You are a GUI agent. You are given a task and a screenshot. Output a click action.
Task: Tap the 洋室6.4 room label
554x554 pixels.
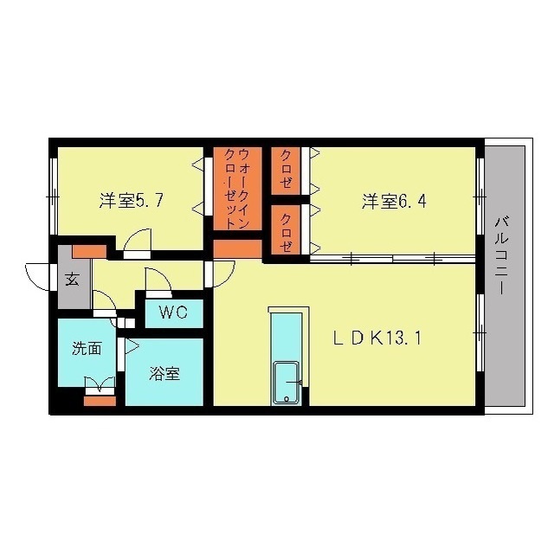point(394,202)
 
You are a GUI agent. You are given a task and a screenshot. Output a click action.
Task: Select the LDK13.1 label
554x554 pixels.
point(378,338)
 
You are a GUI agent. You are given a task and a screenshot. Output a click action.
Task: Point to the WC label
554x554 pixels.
point(173,312)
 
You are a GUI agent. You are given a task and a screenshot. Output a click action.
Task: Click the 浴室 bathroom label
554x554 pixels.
point(164,374)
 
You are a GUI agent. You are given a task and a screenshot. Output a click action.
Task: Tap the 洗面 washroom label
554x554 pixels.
point(87,350)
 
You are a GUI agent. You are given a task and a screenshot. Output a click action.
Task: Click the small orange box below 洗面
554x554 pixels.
point(100,400)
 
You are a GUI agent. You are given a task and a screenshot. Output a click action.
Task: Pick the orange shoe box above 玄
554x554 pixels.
point(88,252)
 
